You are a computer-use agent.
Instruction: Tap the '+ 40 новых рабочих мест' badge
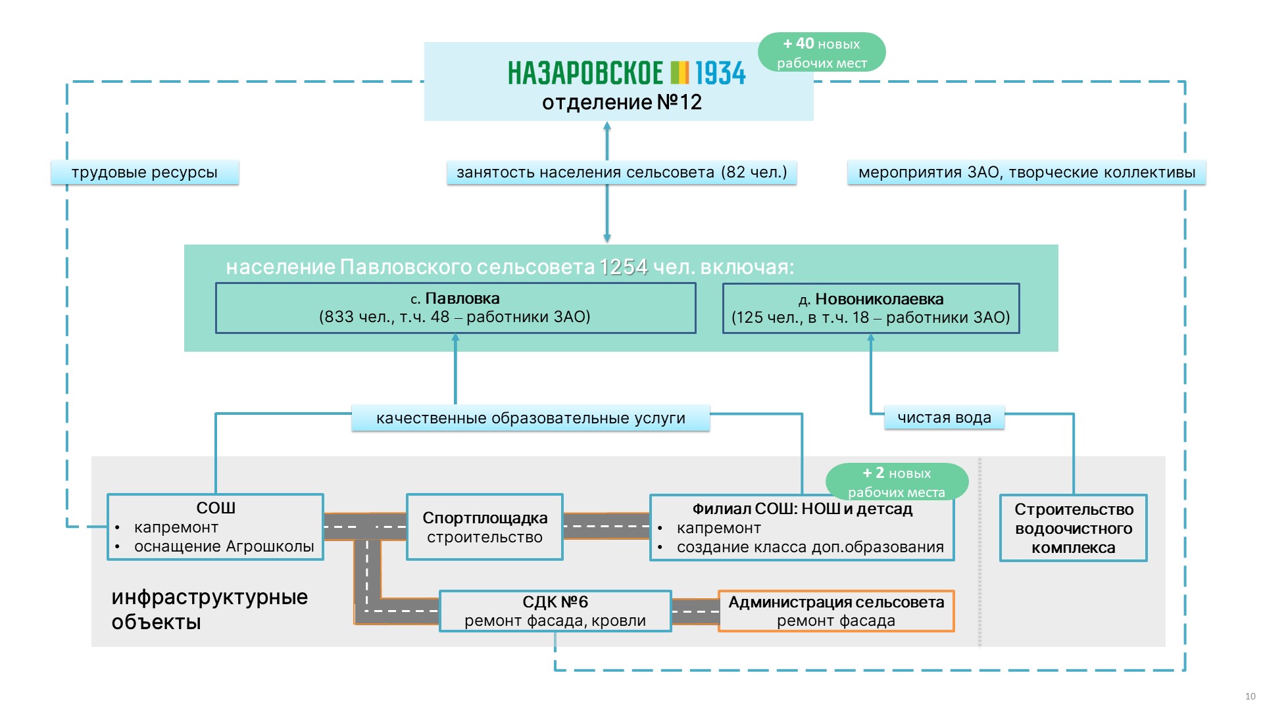(822, 53)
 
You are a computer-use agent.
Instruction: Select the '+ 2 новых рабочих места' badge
(897, 482)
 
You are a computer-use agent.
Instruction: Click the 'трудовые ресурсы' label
(145, 172)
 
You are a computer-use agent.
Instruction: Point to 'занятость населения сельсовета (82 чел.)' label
(622, 172)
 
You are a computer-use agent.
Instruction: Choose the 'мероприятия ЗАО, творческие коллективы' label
(1026, 172)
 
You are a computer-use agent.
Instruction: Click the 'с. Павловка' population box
(455, 308)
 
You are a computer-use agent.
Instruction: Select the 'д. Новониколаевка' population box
(870, 308)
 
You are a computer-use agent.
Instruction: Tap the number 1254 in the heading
(623, 267)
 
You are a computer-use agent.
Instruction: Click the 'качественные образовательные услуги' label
(530, 418)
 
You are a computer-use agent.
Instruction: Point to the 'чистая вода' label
(944, 417)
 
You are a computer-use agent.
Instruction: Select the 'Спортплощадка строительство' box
(485, 527)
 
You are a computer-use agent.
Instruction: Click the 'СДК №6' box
(555, 611)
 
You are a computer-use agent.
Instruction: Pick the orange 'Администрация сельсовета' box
(835, 611)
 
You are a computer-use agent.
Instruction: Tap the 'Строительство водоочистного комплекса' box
(1073, 528)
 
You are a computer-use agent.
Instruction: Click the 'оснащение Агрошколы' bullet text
(224, 547)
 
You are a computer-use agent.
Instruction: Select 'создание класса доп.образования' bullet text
(810, 547)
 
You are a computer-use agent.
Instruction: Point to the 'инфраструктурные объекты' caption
(209, 609)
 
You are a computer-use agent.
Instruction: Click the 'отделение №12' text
(622, 103)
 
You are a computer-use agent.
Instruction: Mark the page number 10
(1250, 696)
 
